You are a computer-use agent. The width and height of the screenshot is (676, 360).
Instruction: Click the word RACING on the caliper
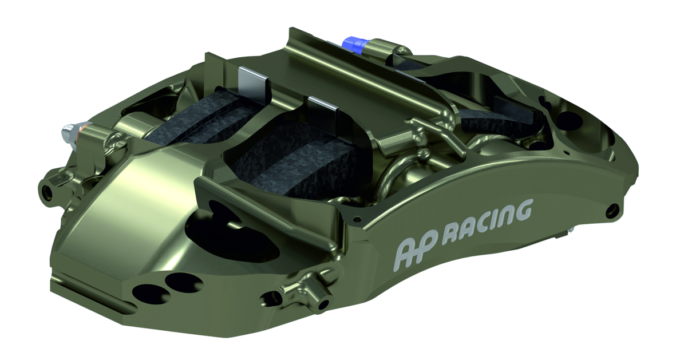490,220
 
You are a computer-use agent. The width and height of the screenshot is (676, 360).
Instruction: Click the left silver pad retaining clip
252,81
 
